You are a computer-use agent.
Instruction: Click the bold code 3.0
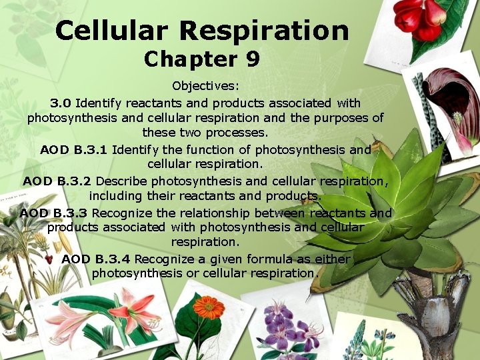click(61, 103)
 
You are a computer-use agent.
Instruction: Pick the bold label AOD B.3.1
click(74, 149)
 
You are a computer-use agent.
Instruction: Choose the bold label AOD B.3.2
click(57, 181)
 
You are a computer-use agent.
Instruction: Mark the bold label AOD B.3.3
click(54, 213)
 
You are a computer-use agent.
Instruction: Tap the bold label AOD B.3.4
click(96, 259)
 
